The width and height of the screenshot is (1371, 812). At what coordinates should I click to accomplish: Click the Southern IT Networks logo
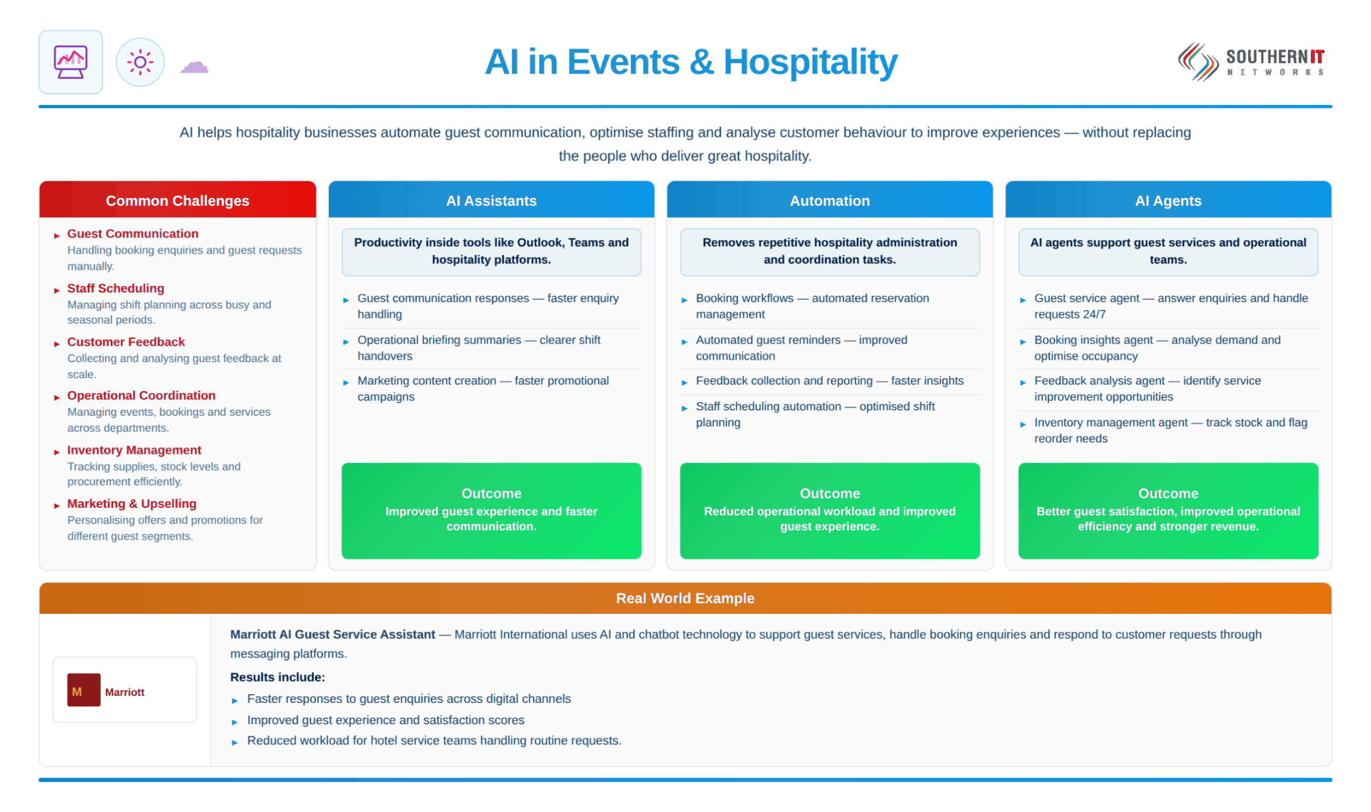pos(1251,62)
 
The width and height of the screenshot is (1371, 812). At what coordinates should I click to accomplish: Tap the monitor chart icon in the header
pos(70,62)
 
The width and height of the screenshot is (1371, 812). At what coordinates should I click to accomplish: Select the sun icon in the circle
pos(140,62)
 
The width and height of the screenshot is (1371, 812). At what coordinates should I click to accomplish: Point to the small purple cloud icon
pos(194,67)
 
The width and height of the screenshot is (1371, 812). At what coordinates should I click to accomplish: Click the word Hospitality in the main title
pos(810,62)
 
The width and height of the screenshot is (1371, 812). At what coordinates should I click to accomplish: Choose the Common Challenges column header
pos(178,201)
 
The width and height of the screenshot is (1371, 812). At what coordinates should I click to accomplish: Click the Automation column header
pos(829,201)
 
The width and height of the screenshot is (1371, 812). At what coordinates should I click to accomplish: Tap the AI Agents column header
pos(1168,201)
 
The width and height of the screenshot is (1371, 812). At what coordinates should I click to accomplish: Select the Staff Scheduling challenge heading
pos(115,288)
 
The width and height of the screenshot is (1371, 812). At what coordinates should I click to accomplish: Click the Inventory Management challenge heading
pos(134,450)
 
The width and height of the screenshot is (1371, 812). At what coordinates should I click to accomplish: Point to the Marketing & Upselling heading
pos(132,504)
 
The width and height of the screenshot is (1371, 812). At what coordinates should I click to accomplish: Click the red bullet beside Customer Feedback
pos(57,344)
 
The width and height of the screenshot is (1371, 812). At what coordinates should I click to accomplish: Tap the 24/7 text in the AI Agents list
pos(1094,314)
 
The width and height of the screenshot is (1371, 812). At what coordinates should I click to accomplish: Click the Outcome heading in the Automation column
pos(829,494)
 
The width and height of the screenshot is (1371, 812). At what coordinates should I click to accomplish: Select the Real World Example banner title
pos(685,598)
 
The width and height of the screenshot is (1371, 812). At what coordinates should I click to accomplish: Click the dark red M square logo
pos(84,690)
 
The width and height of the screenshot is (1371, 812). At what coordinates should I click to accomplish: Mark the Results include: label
pos(277,677)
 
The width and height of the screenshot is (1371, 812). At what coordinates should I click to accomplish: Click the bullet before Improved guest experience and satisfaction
pos(234,722)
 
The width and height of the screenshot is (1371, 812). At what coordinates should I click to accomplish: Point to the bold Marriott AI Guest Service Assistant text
pos(332,634)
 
